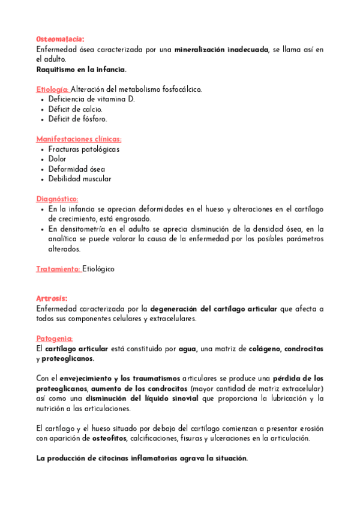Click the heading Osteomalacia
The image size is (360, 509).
click(x=59, y=39)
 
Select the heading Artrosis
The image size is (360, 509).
click(x=52, y=298)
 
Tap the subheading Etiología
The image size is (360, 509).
click(x=53, y=89)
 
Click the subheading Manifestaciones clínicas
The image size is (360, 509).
click(x=79, y=139)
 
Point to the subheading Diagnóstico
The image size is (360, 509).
click(x=57, y=199)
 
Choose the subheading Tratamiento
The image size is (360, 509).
click(x=58, y=269)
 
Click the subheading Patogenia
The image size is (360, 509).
click(x=55, y=338)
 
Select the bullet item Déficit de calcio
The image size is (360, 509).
click(x=76, y=109)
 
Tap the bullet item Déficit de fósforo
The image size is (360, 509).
click(x=78, y=119)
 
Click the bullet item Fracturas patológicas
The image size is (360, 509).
click(x=84, y=149)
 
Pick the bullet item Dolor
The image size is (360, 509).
click(x=58, y=159)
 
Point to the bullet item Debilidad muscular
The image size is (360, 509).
click(x=80, y=179)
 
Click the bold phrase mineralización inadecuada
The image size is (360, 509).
click(x=221, y=49)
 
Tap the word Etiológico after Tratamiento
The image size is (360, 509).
click(x=98, y=269)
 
